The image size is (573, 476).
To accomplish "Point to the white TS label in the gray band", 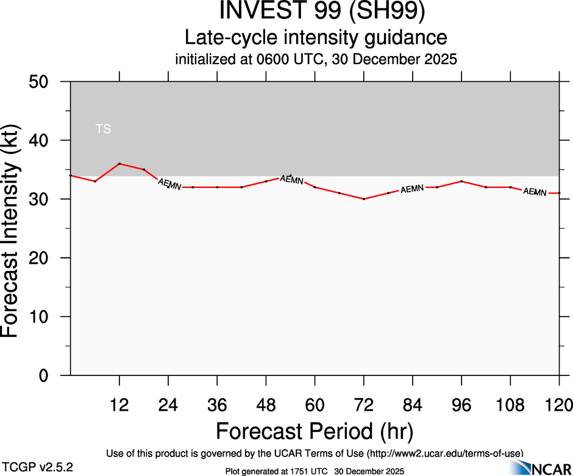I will pyautogui.click(x=103, y=129).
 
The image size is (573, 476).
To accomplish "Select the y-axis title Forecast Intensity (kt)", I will pyautogui.click(x=13, y=228).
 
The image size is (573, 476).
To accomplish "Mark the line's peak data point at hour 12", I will pyautogui.click(x=119, y=164).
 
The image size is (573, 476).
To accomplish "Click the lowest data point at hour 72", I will pyautogui.click(x=364, y=199).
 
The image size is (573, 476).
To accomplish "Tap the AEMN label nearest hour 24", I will pyautogui.click(x=169, y=184).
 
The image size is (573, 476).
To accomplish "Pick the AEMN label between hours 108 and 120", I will pyautogui.click(x=535, y=192).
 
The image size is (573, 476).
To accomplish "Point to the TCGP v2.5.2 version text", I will pyautogui.click(x=38, y=467).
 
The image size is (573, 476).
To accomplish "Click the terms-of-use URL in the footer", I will pyautogui.click(x=445, y=453).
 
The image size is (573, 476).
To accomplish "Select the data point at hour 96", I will pyautogui.click(x=461, y=181).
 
